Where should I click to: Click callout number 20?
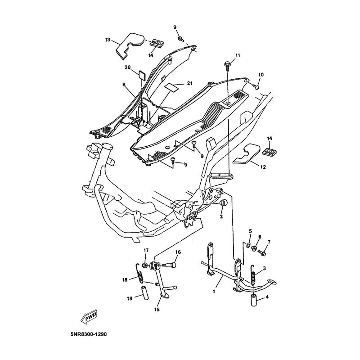[x=128, y=67]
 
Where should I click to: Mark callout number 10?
[x=261, y=74]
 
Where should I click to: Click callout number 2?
[x=221, y=217]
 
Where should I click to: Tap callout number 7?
[x=269, y=242]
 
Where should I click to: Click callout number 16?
[x=178, y=252]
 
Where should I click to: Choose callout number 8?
[x=123, y=84]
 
